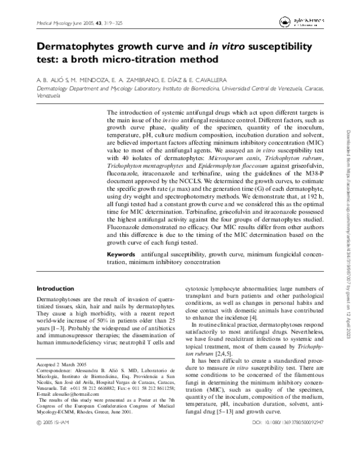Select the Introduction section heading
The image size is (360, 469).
pyautogui.click(x=55, y=289)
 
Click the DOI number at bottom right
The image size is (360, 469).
pyautogui.click(x=289, y=457)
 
